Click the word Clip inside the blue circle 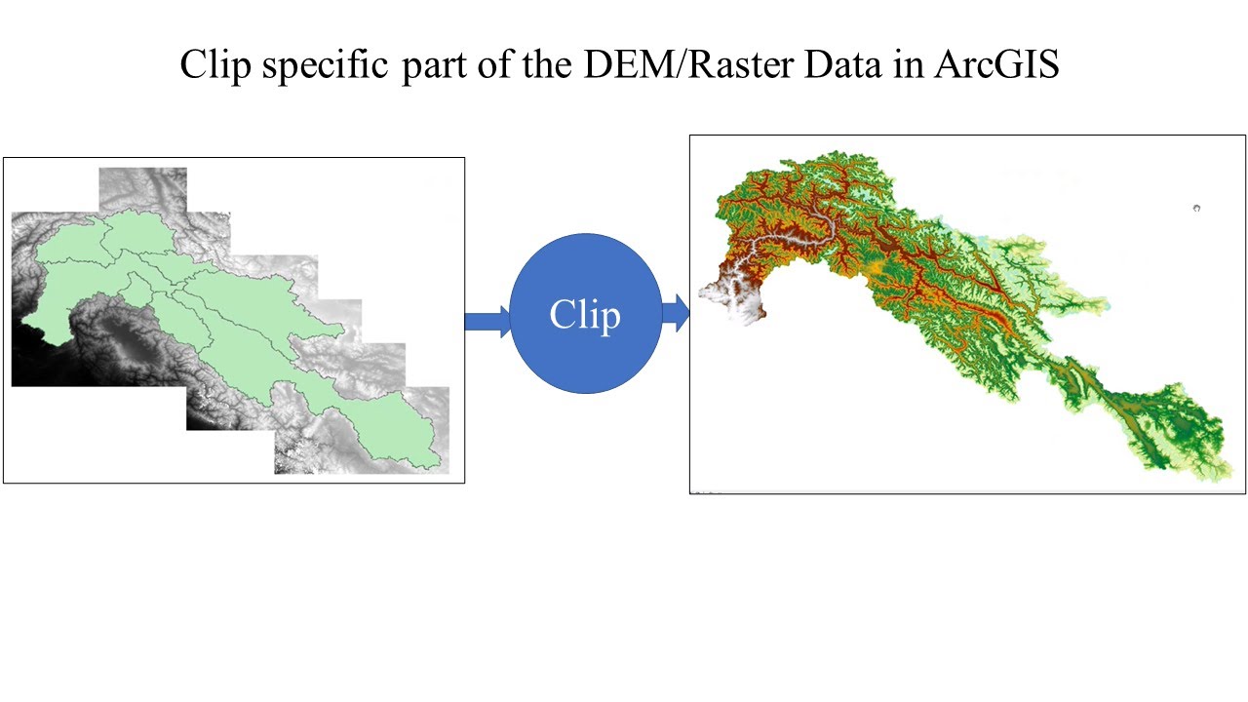coord(585,315)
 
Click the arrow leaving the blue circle coord(676,314)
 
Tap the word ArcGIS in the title coord(995,65)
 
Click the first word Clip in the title coord(214,65)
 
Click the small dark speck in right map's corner coord(1196,208)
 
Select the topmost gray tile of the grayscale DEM coord(142,185)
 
